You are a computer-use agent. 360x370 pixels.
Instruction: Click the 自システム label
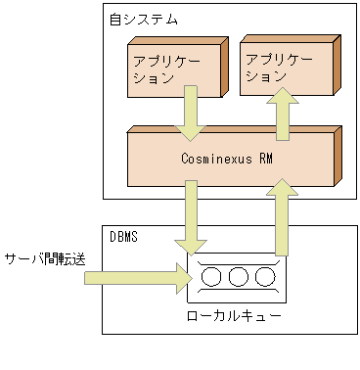coord(136,20)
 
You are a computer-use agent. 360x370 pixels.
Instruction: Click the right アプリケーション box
coord(285,67)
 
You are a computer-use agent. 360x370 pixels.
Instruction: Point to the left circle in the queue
coord(211,277)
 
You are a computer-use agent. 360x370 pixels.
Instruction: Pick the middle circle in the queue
coord(238,277)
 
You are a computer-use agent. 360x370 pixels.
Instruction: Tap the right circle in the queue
coord(264,277)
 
